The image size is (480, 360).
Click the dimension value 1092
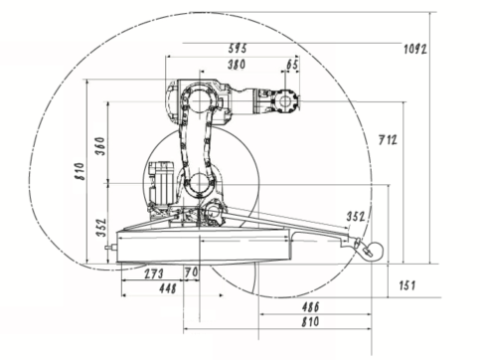click(415, 49)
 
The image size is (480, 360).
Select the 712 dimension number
click(388, 140)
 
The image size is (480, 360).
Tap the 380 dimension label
click(237, 65)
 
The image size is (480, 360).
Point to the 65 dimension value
click(292, 65)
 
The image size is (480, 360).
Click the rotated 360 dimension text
click(100, 146)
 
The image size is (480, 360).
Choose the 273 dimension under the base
click(154, 273)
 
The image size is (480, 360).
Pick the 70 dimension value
click(192, 272)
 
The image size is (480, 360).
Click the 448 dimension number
click(168, 288)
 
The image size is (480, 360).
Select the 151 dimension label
click(406, 285)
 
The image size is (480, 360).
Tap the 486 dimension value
click(310, 307)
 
